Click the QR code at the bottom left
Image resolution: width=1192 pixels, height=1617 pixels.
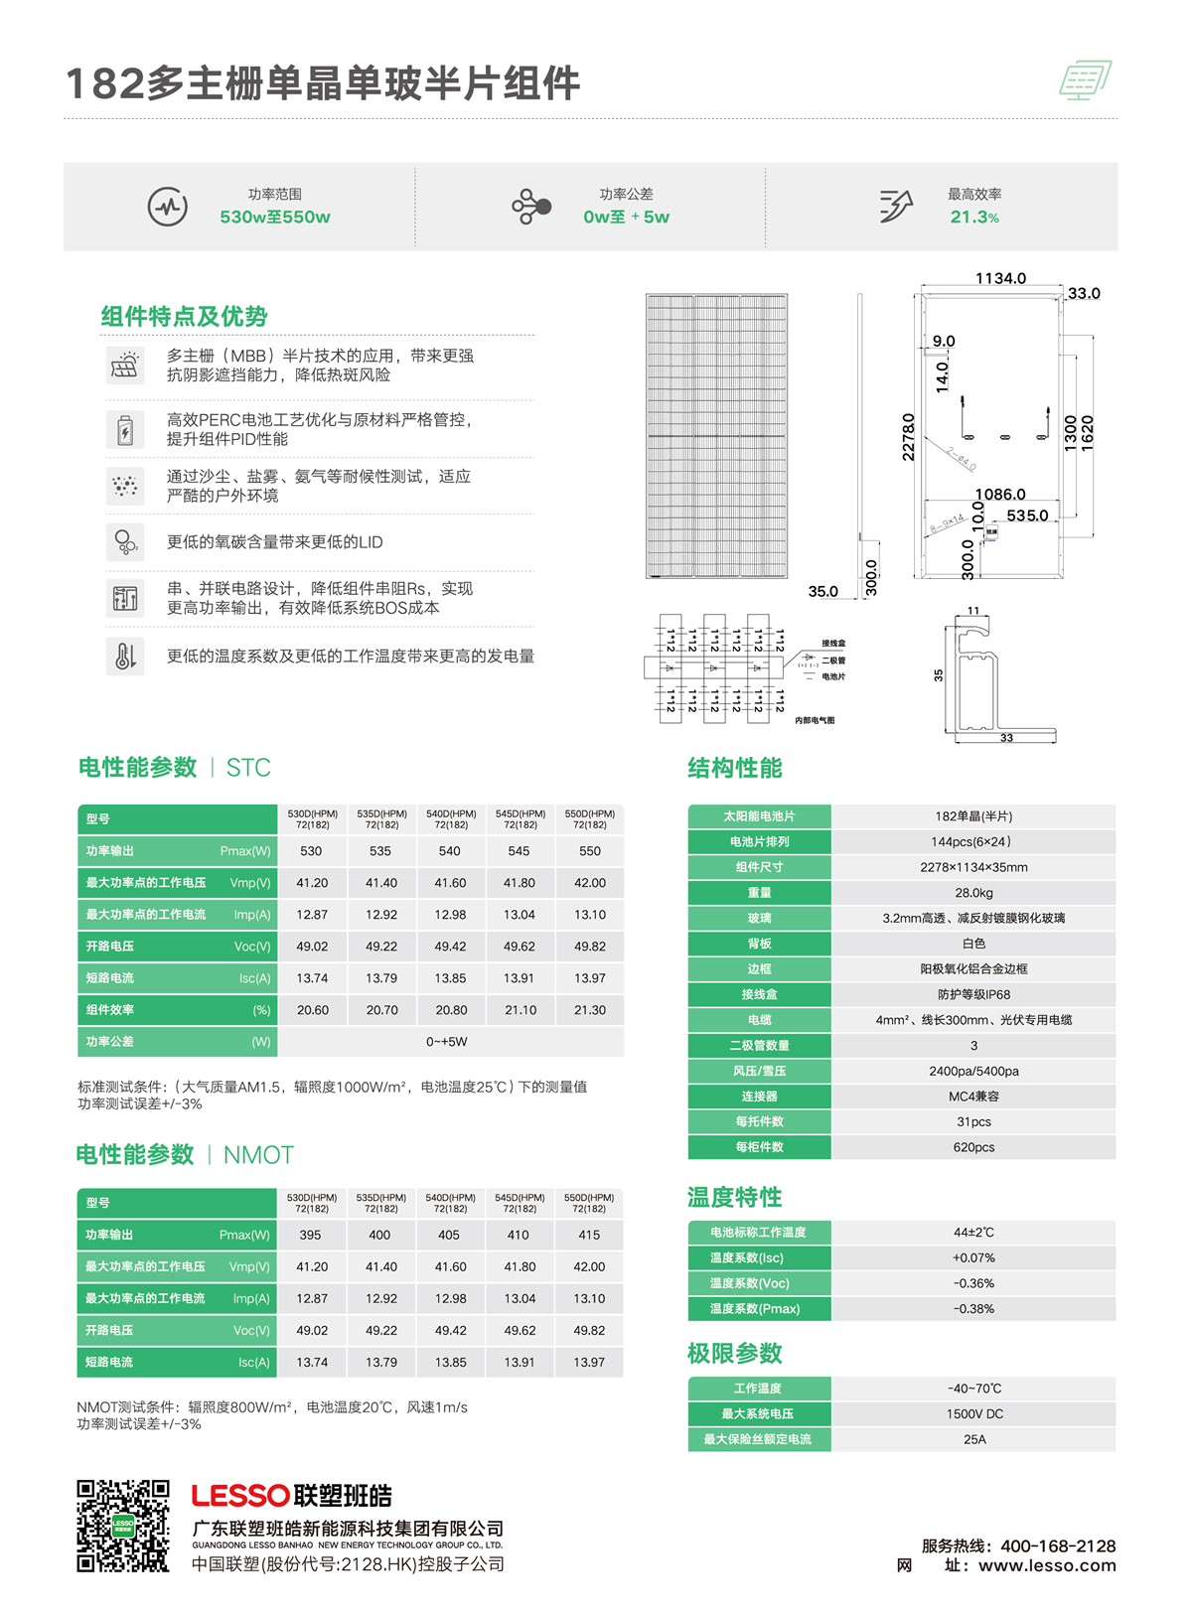[x=123, y=1526]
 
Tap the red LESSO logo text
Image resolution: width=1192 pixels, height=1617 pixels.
[x=240, y=1496]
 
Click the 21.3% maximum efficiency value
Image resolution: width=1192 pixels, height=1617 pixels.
[x=973, y=218]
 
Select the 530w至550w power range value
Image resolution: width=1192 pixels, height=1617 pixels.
[x=275, y=218]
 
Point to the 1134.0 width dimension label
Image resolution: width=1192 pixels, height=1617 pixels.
[x=1000, y=279]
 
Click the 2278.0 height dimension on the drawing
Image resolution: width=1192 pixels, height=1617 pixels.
[x=908, y=437]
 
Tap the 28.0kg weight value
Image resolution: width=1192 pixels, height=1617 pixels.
[x=973, y=893]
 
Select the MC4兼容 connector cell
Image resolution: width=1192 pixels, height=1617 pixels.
[x=973, y=1097]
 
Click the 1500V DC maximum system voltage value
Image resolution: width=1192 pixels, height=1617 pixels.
[x=973, y=1414]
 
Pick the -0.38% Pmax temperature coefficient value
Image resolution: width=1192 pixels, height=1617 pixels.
[x=973, y=1309]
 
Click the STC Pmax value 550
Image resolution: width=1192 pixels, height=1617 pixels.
[x=590, y=851]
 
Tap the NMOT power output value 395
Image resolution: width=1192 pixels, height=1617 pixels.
[x=311, y=1236]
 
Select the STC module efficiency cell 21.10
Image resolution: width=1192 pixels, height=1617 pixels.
[x=521, y=1010]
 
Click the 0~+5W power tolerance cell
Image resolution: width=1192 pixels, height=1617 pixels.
[x=447, y=1042]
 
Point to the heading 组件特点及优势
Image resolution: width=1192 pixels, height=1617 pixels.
[x=185, y=317]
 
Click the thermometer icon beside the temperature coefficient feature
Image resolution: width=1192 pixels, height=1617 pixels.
[x=125, y=657]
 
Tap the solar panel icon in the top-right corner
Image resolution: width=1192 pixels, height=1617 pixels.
[x=1085, y=80]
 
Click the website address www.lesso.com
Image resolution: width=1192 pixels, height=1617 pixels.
[x=1047, y=1566]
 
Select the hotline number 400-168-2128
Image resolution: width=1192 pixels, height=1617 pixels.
[x=1058, y=1546]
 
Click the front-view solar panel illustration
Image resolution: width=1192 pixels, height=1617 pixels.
[x=716, y=436]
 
